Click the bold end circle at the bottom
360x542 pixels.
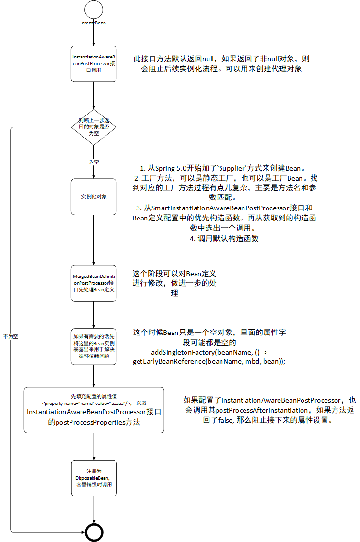[94, 531]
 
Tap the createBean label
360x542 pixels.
[94, 23]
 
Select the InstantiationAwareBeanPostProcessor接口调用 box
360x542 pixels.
[94, 64]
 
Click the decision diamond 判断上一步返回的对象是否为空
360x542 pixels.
[94, 127]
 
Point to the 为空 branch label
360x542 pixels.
[94, 162]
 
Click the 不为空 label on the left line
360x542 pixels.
[11, 336]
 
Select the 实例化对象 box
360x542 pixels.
[94, 196]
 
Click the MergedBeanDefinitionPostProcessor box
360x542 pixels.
[94, 284]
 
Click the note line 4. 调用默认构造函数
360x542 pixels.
[224, 238]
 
